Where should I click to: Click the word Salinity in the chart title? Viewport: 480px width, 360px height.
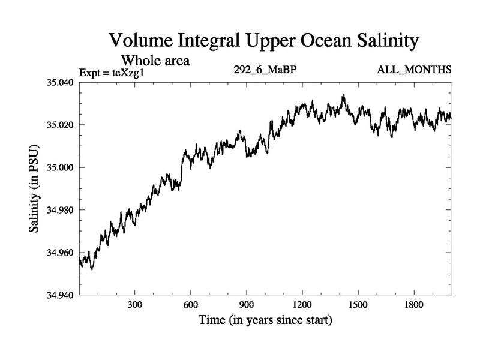coord(379,42)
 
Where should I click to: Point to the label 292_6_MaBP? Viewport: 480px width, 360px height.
coord(265,70)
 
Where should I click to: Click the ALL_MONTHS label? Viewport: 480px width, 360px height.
coord(414,70)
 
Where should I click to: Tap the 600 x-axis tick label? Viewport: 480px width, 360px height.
coord(190,305)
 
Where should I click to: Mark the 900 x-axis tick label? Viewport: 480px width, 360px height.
coord(246,305)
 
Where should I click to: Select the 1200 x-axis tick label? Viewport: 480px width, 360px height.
coord(302,305)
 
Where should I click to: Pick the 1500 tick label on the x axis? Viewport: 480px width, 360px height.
coord(358,305)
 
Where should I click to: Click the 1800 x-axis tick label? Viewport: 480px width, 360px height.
coord(413,305)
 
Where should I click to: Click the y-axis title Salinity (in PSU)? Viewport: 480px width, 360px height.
coord(35,189)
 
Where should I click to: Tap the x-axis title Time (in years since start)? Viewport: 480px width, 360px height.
coord(265,321)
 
